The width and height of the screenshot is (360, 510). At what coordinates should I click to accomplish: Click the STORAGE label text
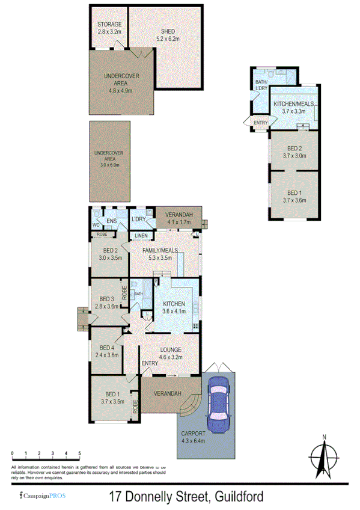click(x=109, y=25)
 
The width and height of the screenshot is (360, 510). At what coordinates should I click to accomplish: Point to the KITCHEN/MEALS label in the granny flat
click(x=294, y=104)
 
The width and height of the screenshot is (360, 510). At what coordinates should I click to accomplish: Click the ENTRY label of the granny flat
click(x=260, y=123)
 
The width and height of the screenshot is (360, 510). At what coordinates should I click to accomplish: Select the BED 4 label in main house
click(x=106, y=348)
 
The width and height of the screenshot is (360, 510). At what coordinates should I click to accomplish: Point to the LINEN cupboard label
click(x=141, y=235)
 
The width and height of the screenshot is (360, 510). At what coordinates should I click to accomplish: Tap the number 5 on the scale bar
click(x=79, y=453)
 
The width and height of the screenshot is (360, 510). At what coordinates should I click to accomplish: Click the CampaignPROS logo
click(x=43, y=496)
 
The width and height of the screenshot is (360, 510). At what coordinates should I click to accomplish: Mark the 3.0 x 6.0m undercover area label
click(x=110, y=165)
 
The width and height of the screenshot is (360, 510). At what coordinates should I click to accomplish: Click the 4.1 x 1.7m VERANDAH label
click(x=178, y=223)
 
